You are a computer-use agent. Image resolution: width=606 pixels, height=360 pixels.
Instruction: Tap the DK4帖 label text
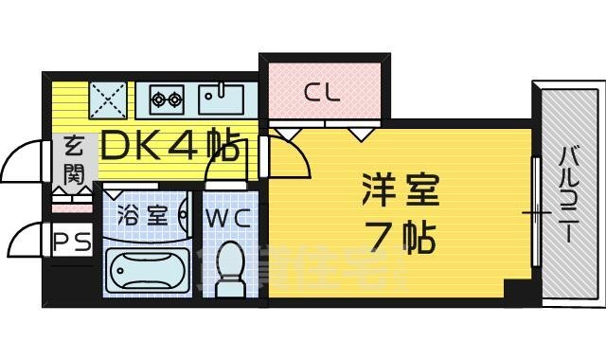169,147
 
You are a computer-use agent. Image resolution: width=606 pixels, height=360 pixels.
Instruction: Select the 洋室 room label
401,193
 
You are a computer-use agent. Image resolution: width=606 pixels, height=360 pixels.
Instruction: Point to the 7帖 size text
401,239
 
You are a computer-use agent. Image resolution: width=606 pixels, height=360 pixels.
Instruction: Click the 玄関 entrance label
74,160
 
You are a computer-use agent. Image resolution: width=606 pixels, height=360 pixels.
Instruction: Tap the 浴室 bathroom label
145,216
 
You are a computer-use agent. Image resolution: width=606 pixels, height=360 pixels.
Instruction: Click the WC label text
227,218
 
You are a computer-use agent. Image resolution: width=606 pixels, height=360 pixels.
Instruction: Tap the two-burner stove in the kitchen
168,97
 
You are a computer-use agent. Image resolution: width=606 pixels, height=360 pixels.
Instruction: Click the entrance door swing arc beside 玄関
24,161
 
